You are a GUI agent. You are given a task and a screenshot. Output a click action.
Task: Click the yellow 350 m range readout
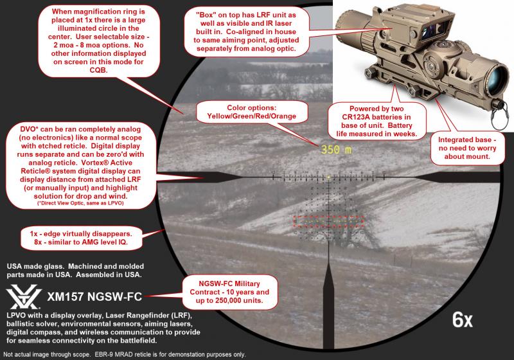336,150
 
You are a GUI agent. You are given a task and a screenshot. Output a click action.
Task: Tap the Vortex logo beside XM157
24,297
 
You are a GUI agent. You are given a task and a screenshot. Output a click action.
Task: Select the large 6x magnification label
462,319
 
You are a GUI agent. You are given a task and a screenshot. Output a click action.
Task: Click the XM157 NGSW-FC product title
94,297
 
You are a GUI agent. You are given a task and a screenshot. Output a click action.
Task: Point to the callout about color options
252,112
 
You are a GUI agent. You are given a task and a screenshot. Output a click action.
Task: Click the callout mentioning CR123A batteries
377,121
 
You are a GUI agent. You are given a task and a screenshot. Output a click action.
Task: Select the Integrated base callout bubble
467,148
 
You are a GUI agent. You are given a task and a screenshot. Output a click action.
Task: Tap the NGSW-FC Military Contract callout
229,292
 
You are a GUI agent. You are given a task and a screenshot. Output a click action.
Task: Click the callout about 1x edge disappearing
82,238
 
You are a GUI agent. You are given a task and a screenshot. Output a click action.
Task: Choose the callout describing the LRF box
246,32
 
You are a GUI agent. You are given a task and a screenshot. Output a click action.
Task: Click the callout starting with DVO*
81,166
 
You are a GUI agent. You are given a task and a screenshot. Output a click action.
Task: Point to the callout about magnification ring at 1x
98,40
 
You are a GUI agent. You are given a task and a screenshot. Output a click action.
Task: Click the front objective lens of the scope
497,78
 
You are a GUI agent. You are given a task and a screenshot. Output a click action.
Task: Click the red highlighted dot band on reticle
328,221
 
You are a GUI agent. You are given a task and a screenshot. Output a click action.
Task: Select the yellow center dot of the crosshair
328,177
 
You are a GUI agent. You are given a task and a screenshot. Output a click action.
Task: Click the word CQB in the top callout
98,70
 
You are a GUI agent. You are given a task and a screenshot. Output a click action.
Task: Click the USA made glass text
75,271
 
